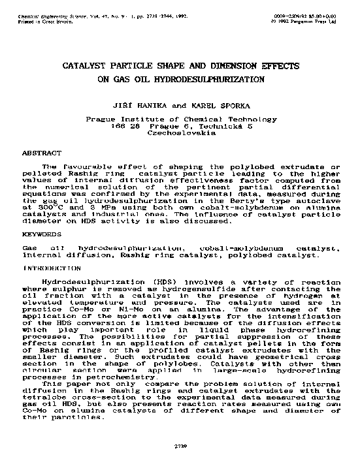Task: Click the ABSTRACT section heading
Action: (x=42, y=152)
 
